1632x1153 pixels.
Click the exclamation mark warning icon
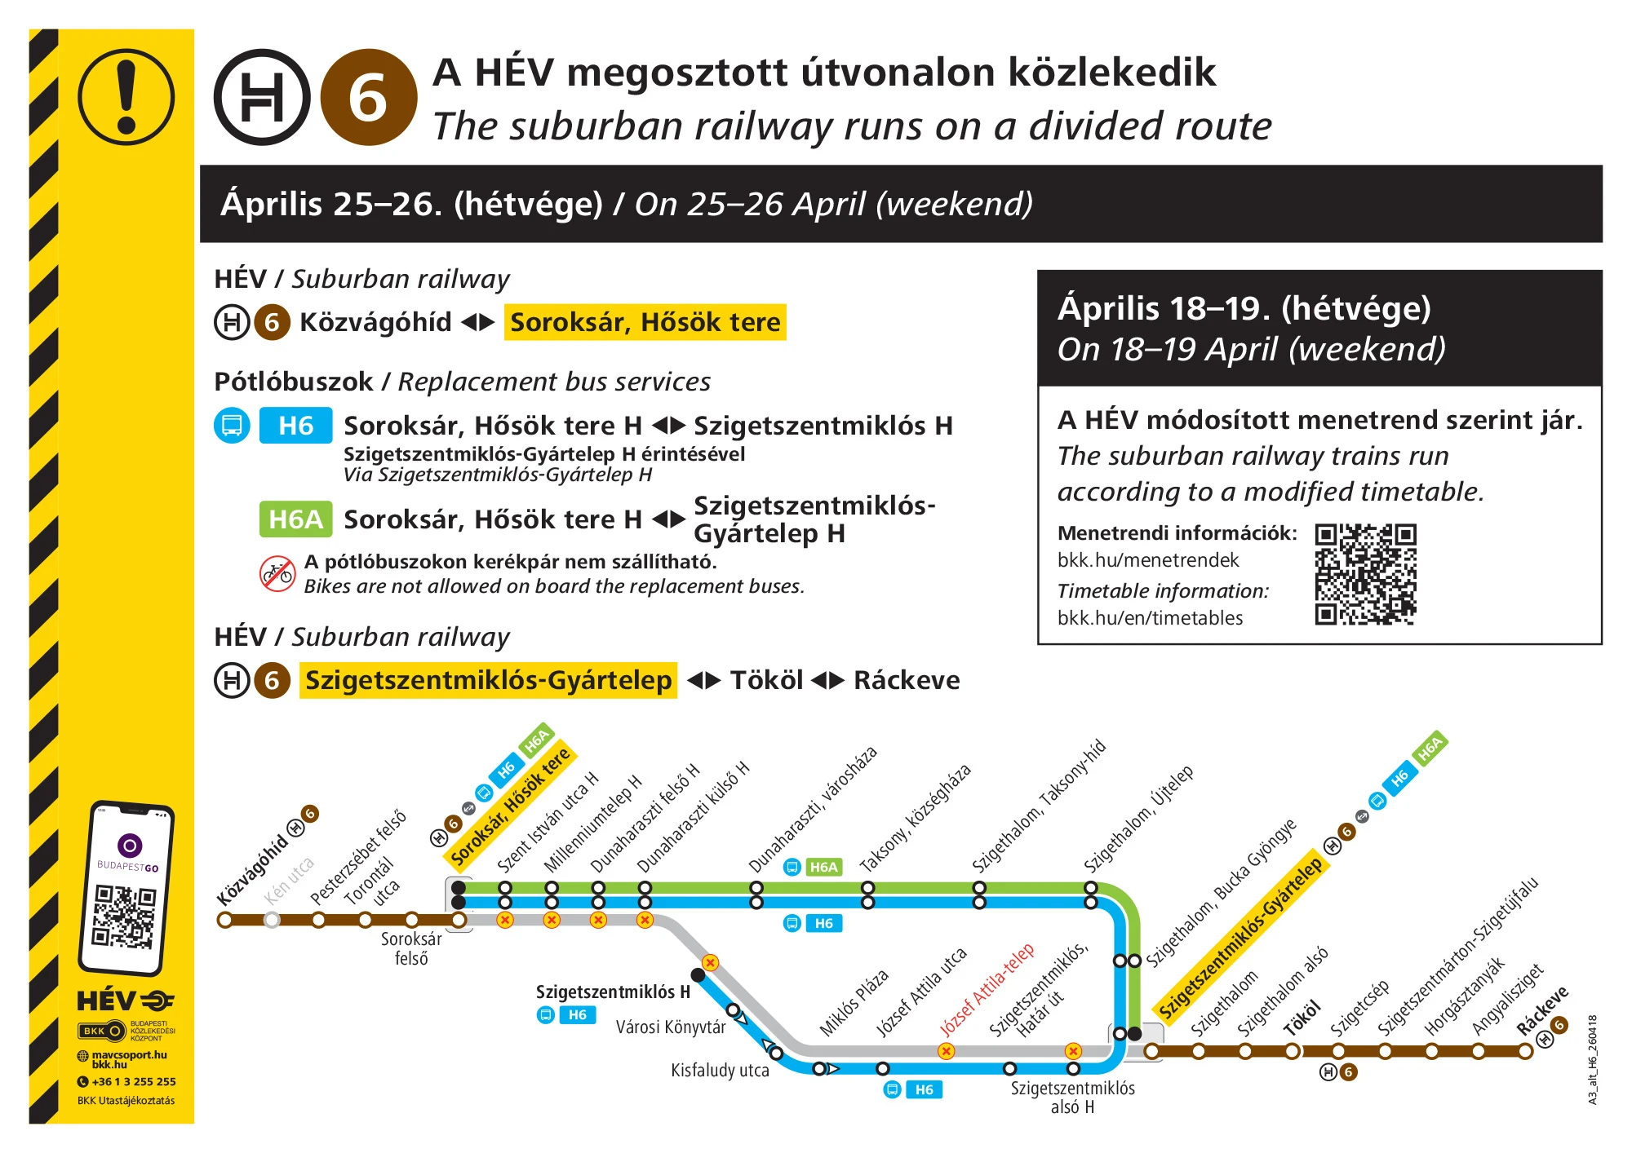pos(126,97)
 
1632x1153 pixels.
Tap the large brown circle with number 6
pos(368,97)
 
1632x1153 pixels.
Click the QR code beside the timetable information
pos(1365,574)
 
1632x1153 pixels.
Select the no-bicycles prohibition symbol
pos(277,573)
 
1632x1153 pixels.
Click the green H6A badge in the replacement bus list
pos(295,519)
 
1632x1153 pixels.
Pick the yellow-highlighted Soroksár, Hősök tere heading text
pos(645,322)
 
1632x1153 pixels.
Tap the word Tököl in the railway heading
pos(766,680)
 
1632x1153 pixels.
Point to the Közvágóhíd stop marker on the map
pos(225,920)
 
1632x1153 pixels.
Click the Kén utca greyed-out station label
pos(289,881)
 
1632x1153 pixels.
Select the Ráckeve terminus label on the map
pos(1541,1011)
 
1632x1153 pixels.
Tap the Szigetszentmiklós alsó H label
pos(1072,1098)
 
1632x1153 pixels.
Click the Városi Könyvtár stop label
pos(671,1027)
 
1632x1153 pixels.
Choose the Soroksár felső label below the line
pos(411,948)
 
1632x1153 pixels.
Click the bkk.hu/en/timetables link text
pos(1150,618)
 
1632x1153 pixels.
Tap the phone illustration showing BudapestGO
pos(126,888)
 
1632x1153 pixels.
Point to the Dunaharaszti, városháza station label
pos(813,809)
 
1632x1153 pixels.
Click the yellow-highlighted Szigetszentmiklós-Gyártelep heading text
pos(488,680)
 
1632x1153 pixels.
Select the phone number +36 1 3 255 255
pos(133,1082)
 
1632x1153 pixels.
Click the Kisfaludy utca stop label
pos(720,1071)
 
